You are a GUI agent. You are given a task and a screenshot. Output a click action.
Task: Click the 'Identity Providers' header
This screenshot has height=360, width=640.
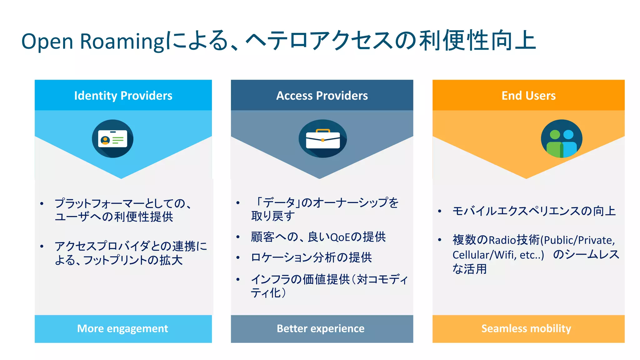pyautogui.click(x=123, y=96)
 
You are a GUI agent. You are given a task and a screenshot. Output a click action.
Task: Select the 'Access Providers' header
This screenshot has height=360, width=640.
pyautogui.click(x=322, y=96)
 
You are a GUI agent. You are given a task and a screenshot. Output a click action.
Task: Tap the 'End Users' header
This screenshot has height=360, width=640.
pyautogui.click(x=528, y=96)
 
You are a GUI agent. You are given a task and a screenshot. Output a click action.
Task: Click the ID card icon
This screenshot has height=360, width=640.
pyautogui.click(x=112, y=139)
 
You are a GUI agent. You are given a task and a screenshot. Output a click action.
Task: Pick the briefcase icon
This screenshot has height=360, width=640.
pyautogui.click(x=322, y=139)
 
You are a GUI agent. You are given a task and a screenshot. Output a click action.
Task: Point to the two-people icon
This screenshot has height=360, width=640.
pyautogui.click(x=562, y=139)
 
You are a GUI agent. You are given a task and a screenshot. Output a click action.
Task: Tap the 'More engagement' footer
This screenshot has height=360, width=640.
pyautogui.click(x=122, y=329)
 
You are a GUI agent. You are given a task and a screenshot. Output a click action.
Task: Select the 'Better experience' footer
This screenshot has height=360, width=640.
pyautogui.click(x=321, y=329)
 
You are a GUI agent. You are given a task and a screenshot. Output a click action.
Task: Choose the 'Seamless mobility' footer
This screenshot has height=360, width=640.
pyautogui.click(x=526, y=329)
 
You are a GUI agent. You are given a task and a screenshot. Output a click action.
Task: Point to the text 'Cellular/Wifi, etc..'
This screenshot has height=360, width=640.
pyautogui.click(x=498, y=255)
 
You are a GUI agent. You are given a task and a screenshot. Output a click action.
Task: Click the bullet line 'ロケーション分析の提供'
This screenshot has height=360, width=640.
pyautogui.click(x=311, y=258)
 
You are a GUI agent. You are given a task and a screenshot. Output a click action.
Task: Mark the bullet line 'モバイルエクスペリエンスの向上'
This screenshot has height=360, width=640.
pyautogui.click(x=534, y=211)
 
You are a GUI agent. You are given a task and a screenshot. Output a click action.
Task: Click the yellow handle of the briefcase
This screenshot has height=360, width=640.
pyautogui.click(x=323, y=131)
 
